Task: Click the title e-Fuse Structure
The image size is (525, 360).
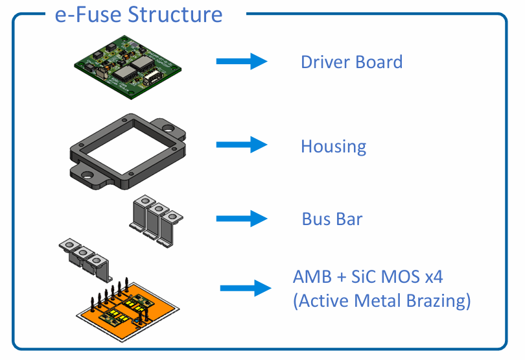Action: tap(139, 14)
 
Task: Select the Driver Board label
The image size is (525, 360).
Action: tap(351, 62)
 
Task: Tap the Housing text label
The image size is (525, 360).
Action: tap(333, 147)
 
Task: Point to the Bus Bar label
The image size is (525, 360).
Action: tap(332, 219)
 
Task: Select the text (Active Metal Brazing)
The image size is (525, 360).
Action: tap(381, 301)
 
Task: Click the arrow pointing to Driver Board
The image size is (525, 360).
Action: tap(241, 62)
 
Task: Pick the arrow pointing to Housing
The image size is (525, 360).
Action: tap(241, 145)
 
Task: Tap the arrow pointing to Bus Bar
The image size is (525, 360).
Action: tap(241, 218)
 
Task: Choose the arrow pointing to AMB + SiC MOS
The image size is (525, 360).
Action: tap(246, 288)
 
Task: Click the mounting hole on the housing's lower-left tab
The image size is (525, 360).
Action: tap(85, 173)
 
